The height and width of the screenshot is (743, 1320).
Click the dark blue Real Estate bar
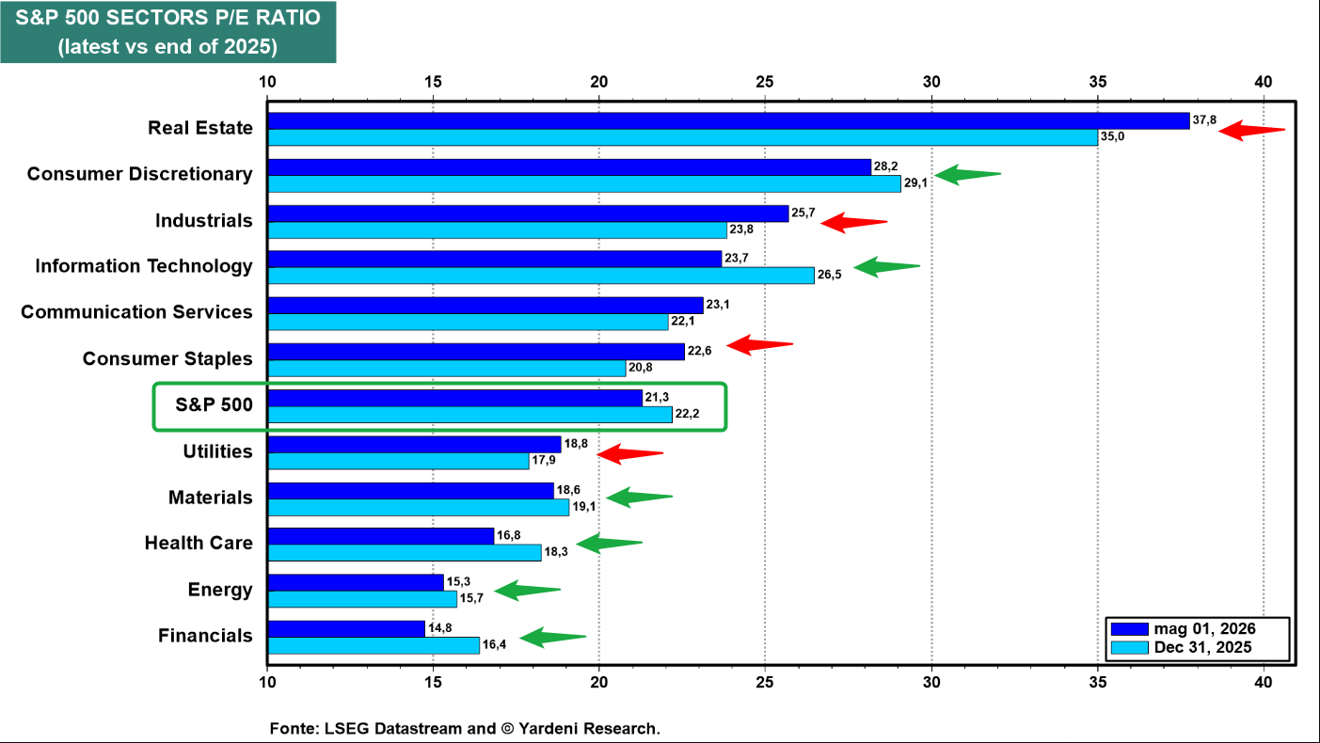point(728,120)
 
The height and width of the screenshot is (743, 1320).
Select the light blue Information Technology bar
point(541,276)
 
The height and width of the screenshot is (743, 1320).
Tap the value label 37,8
point(1204,120)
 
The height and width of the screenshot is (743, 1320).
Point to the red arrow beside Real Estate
point(1251,130)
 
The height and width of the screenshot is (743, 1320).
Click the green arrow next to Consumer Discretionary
point(967,174)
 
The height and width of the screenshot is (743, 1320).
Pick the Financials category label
point(205,635)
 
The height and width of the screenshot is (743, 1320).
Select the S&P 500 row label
point(214,404)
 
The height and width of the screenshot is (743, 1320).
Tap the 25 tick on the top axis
point(764,82)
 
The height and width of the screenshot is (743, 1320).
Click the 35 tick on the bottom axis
point(1097,682)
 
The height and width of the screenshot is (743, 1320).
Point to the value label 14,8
point(439,628)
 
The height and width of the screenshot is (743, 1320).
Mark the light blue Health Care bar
point(405,553)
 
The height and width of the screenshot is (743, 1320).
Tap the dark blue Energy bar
point(356,582)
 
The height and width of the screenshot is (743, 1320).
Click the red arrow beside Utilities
point(630,453)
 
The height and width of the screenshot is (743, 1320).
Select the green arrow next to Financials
point(553,637)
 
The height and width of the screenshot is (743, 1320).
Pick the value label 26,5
point(829,275)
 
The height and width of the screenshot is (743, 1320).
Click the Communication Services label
point(136,311)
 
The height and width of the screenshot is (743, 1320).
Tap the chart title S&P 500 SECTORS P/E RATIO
point(168,18)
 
